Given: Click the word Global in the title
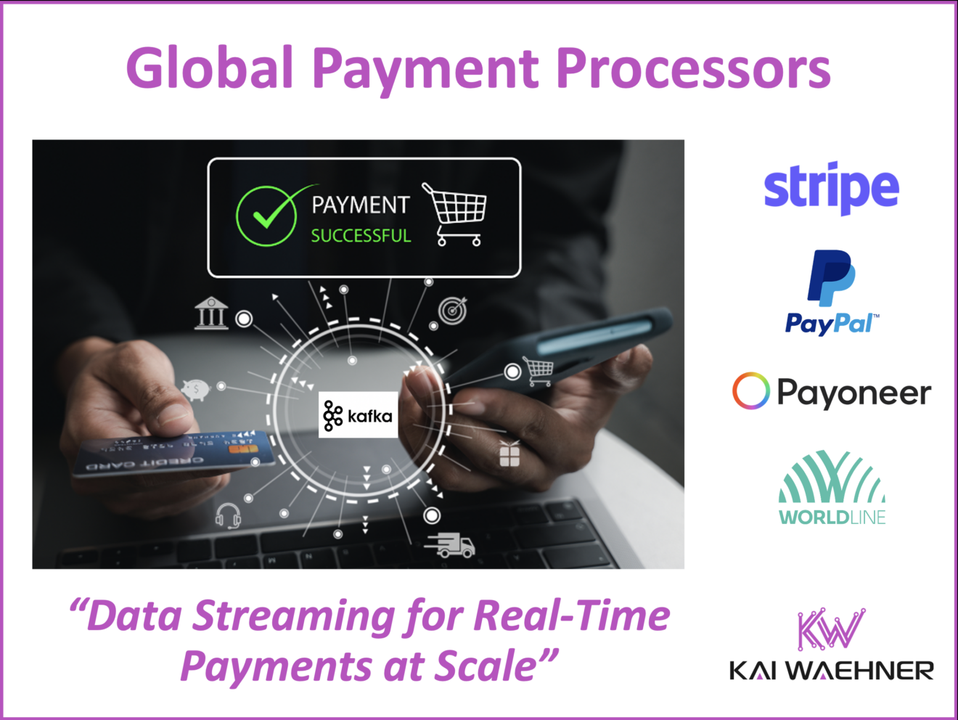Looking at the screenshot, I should click(210, 67).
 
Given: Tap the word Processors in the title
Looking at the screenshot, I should click(693, 67).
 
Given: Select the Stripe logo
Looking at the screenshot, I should click(831, 187).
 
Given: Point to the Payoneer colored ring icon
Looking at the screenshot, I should click(750, 391).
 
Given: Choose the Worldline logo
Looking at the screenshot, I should click(832, 487).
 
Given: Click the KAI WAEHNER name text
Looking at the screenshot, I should click(831, 671).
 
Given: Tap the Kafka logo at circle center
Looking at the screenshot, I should click(358, 416).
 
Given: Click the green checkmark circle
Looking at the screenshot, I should click(267, 216).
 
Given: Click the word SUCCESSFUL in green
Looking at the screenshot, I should click(361, 236).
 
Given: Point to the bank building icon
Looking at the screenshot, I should click(211, 314).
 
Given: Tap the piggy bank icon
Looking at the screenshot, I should click(195, 390).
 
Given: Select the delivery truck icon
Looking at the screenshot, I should click(451, 545).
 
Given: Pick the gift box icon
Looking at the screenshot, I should click(509, 454).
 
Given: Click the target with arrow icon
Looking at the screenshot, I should click(454, 311).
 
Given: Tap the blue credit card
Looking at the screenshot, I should click(174, 455).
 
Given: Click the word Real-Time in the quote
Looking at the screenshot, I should click(572, 616).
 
